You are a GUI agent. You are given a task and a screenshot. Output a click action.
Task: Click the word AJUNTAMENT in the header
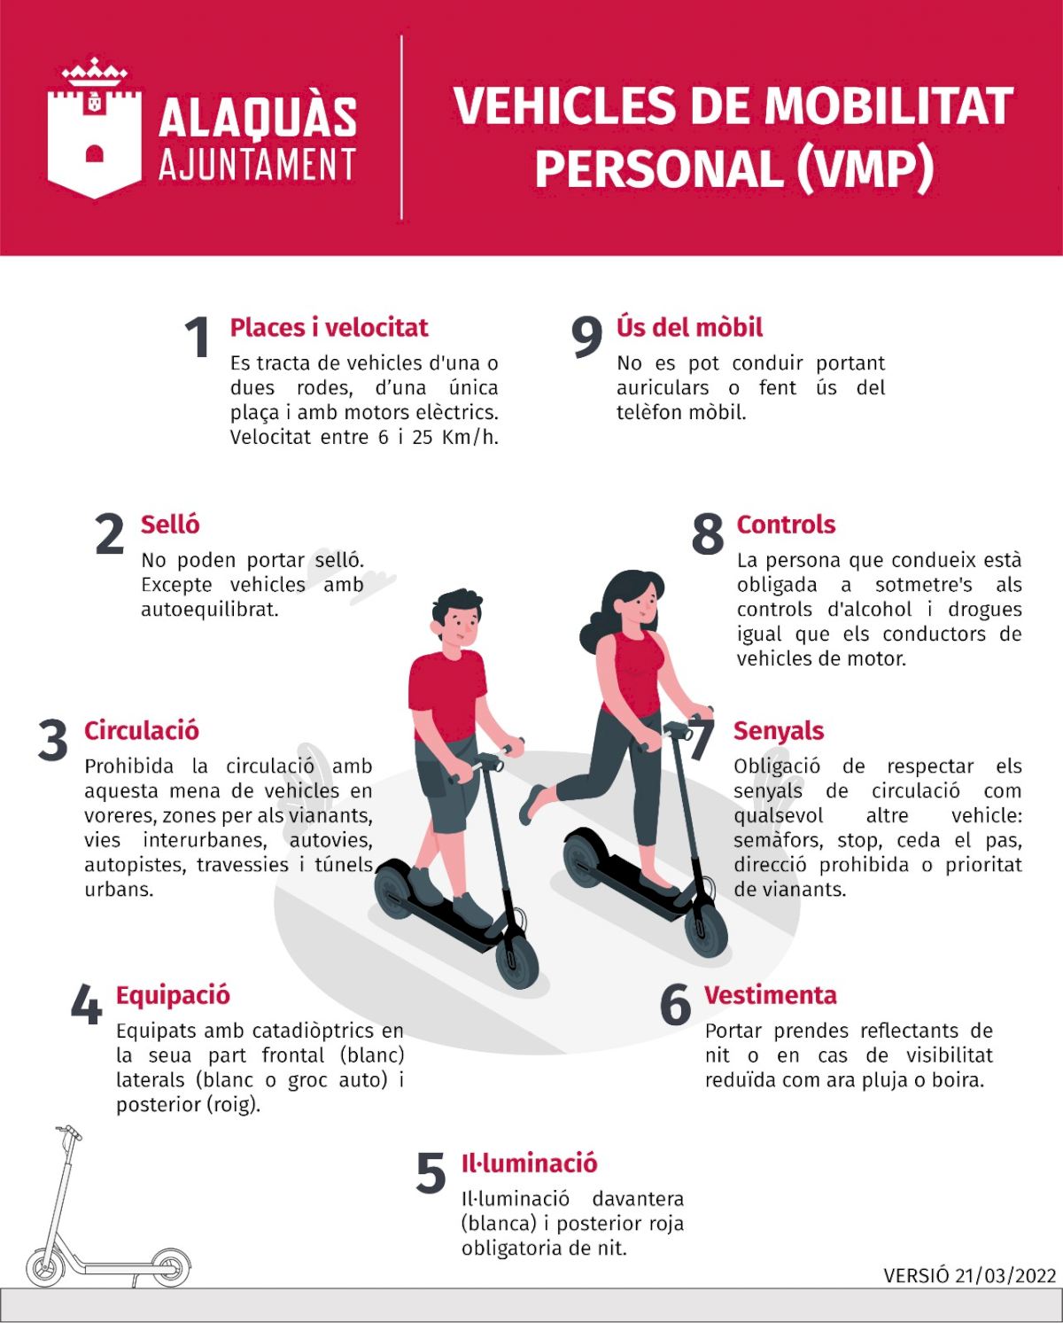click(258, 165)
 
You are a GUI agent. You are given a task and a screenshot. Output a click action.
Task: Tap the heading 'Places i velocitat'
click(329, 328)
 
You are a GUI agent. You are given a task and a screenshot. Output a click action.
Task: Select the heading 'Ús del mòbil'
click(689, 327)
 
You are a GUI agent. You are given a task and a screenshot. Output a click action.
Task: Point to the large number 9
click(586, 337)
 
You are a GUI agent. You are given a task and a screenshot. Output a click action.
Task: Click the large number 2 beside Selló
click(110, 533)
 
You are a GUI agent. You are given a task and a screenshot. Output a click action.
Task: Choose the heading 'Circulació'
click(142, 731)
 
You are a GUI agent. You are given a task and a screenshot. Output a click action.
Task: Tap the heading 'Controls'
click(786, 525)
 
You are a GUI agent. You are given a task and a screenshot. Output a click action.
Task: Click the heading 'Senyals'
click(779, 732)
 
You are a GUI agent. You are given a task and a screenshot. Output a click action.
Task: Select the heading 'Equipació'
click(173, 995)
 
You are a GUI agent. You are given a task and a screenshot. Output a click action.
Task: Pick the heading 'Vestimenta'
click(771, 995)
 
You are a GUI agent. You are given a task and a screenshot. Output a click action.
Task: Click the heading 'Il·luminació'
click(530, 1163)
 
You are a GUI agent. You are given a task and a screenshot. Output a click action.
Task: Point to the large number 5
click(431, 1173)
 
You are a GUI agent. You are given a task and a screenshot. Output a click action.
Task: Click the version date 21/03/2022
click(1005, 1276)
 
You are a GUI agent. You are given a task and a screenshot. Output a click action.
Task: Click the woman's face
click(642, 603)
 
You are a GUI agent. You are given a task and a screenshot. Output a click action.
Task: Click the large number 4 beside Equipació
click(86, 1004)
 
